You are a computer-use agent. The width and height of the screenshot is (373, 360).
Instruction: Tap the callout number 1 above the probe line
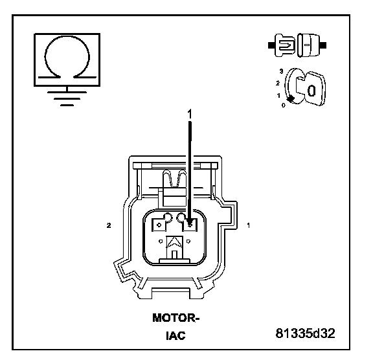click(x=190, y=115)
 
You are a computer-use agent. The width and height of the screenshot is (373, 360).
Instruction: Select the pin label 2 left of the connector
click(x=109, y=225)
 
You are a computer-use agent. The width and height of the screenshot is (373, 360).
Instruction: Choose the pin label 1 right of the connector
click(x=249, y=225)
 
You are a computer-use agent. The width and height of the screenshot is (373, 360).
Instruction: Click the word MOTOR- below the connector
click(x=175, y=318)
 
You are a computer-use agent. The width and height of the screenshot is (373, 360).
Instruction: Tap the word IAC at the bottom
click(x=175, y=335)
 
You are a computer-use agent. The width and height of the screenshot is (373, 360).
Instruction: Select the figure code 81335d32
click(x=306, y=333)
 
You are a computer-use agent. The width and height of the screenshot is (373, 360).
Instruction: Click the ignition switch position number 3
click(x=282, y=71)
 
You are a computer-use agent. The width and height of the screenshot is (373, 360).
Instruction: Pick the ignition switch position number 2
click(x=278, y=84)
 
